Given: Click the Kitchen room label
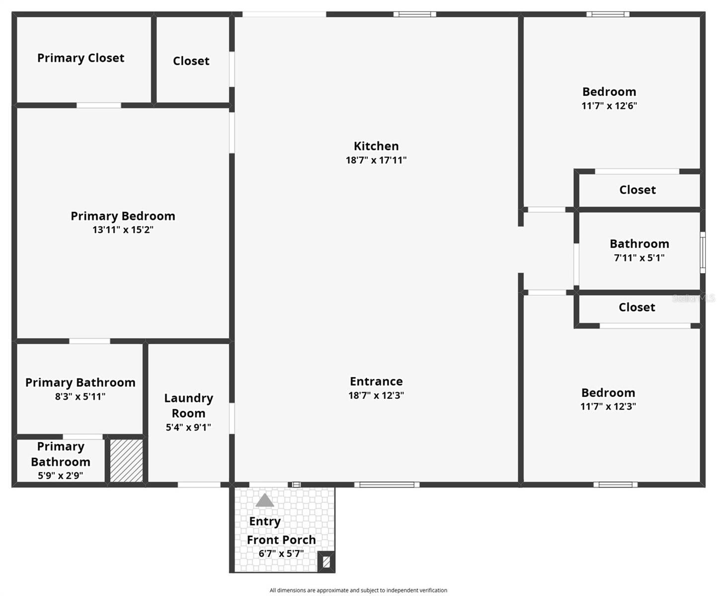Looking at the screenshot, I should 376,146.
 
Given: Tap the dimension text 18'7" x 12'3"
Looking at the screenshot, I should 376,395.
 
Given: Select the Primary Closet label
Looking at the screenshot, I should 80,58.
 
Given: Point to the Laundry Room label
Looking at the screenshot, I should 188,405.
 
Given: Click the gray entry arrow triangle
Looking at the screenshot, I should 265,501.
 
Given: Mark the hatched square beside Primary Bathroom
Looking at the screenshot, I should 126,460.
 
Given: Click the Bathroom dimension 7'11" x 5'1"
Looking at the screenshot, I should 639,258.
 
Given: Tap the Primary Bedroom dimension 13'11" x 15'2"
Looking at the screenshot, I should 123,230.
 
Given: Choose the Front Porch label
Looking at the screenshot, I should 281,540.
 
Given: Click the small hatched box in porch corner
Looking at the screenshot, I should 326,562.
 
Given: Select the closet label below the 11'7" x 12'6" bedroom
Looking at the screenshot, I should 637,190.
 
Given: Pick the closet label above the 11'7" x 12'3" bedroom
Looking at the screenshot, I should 637,307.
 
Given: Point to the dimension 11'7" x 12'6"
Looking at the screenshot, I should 609,106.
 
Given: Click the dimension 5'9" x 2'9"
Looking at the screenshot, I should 60,475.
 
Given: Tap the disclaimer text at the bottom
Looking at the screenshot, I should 358,591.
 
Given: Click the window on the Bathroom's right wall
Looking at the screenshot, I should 703,252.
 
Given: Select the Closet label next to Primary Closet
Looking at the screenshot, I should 191,61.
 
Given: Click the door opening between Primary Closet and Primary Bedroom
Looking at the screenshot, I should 98,105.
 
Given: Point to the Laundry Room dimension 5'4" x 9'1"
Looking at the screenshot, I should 188,427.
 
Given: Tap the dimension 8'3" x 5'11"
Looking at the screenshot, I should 80,396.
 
